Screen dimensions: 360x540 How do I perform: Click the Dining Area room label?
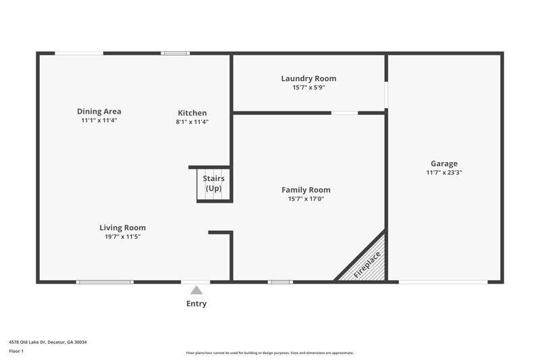(99, 111)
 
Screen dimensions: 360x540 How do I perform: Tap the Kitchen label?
(192, 113)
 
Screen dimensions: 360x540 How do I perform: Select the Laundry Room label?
(308, 78)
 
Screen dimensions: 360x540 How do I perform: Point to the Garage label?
(444, 163)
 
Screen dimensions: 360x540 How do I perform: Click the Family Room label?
(306, 190)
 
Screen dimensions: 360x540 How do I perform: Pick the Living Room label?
(123, 228)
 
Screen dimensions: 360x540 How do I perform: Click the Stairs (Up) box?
(213, 184)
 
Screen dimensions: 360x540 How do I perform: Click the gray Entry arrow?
(196, 290)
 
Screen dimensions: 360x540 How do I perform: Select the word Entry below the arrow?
(196, 304)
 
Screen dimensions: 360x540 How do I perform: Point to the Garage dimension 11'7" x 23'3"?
(444, 172)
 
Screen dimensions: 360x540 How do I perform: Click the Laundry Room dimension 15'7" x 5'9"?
(308, 88)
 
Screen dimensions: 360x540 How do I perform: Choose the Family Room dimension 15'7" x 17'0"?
(306, 199)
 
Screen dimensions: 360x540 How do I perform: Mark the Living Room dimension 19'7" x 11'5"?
(123, 237)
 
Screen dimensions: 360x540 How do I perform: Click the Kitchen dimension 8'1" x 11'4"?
(192, 122)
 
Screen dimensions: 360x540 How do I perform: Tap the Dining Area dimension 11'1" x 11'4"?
(99, 121)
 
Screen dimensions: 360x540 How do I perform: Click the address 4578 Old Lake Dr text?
(47, 342)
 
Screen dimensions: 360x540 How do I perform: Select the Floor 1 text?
(16, 351)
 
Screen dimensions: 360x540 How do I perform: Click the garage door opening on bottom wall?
(443, 282)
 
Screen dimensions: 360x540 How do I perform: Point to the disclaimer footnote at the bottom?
(270, 353)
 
